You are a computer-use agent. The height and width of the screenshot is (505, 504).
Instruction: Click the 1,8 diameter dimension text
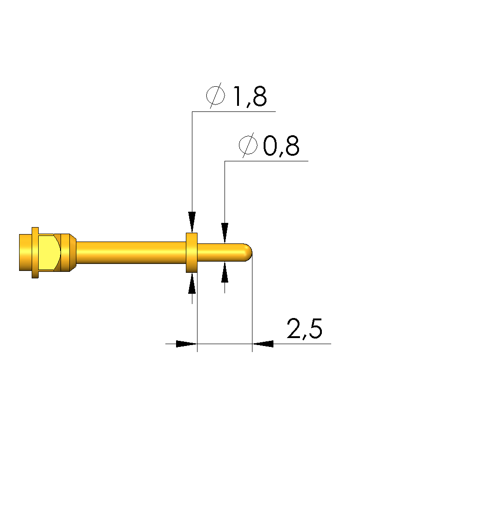[250, 97]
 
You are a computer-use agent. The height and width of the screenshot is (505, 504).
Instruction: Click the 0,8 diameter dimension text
[281, 146]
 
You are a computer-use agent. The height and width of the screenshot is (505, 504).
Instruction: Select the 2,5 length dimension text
[304, 329]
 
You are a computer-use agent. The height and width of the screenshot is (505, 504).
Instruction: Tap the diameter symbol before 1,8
[215, 95]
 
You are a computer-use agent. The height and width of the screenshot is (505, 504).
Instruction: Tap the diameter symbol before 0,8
[248, 145]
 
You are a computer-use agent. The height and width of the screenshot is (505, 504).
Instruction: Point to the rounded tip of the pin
[249, 253]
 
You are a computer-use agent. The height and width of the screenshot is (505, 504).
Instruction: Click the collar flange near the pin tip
[192, 253]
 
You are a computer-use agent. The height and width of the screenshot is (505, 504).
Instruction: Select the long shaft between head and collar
[131, 253]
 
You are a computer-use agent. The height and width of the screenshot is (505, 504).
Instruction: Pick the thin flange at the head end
[35, 253]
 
